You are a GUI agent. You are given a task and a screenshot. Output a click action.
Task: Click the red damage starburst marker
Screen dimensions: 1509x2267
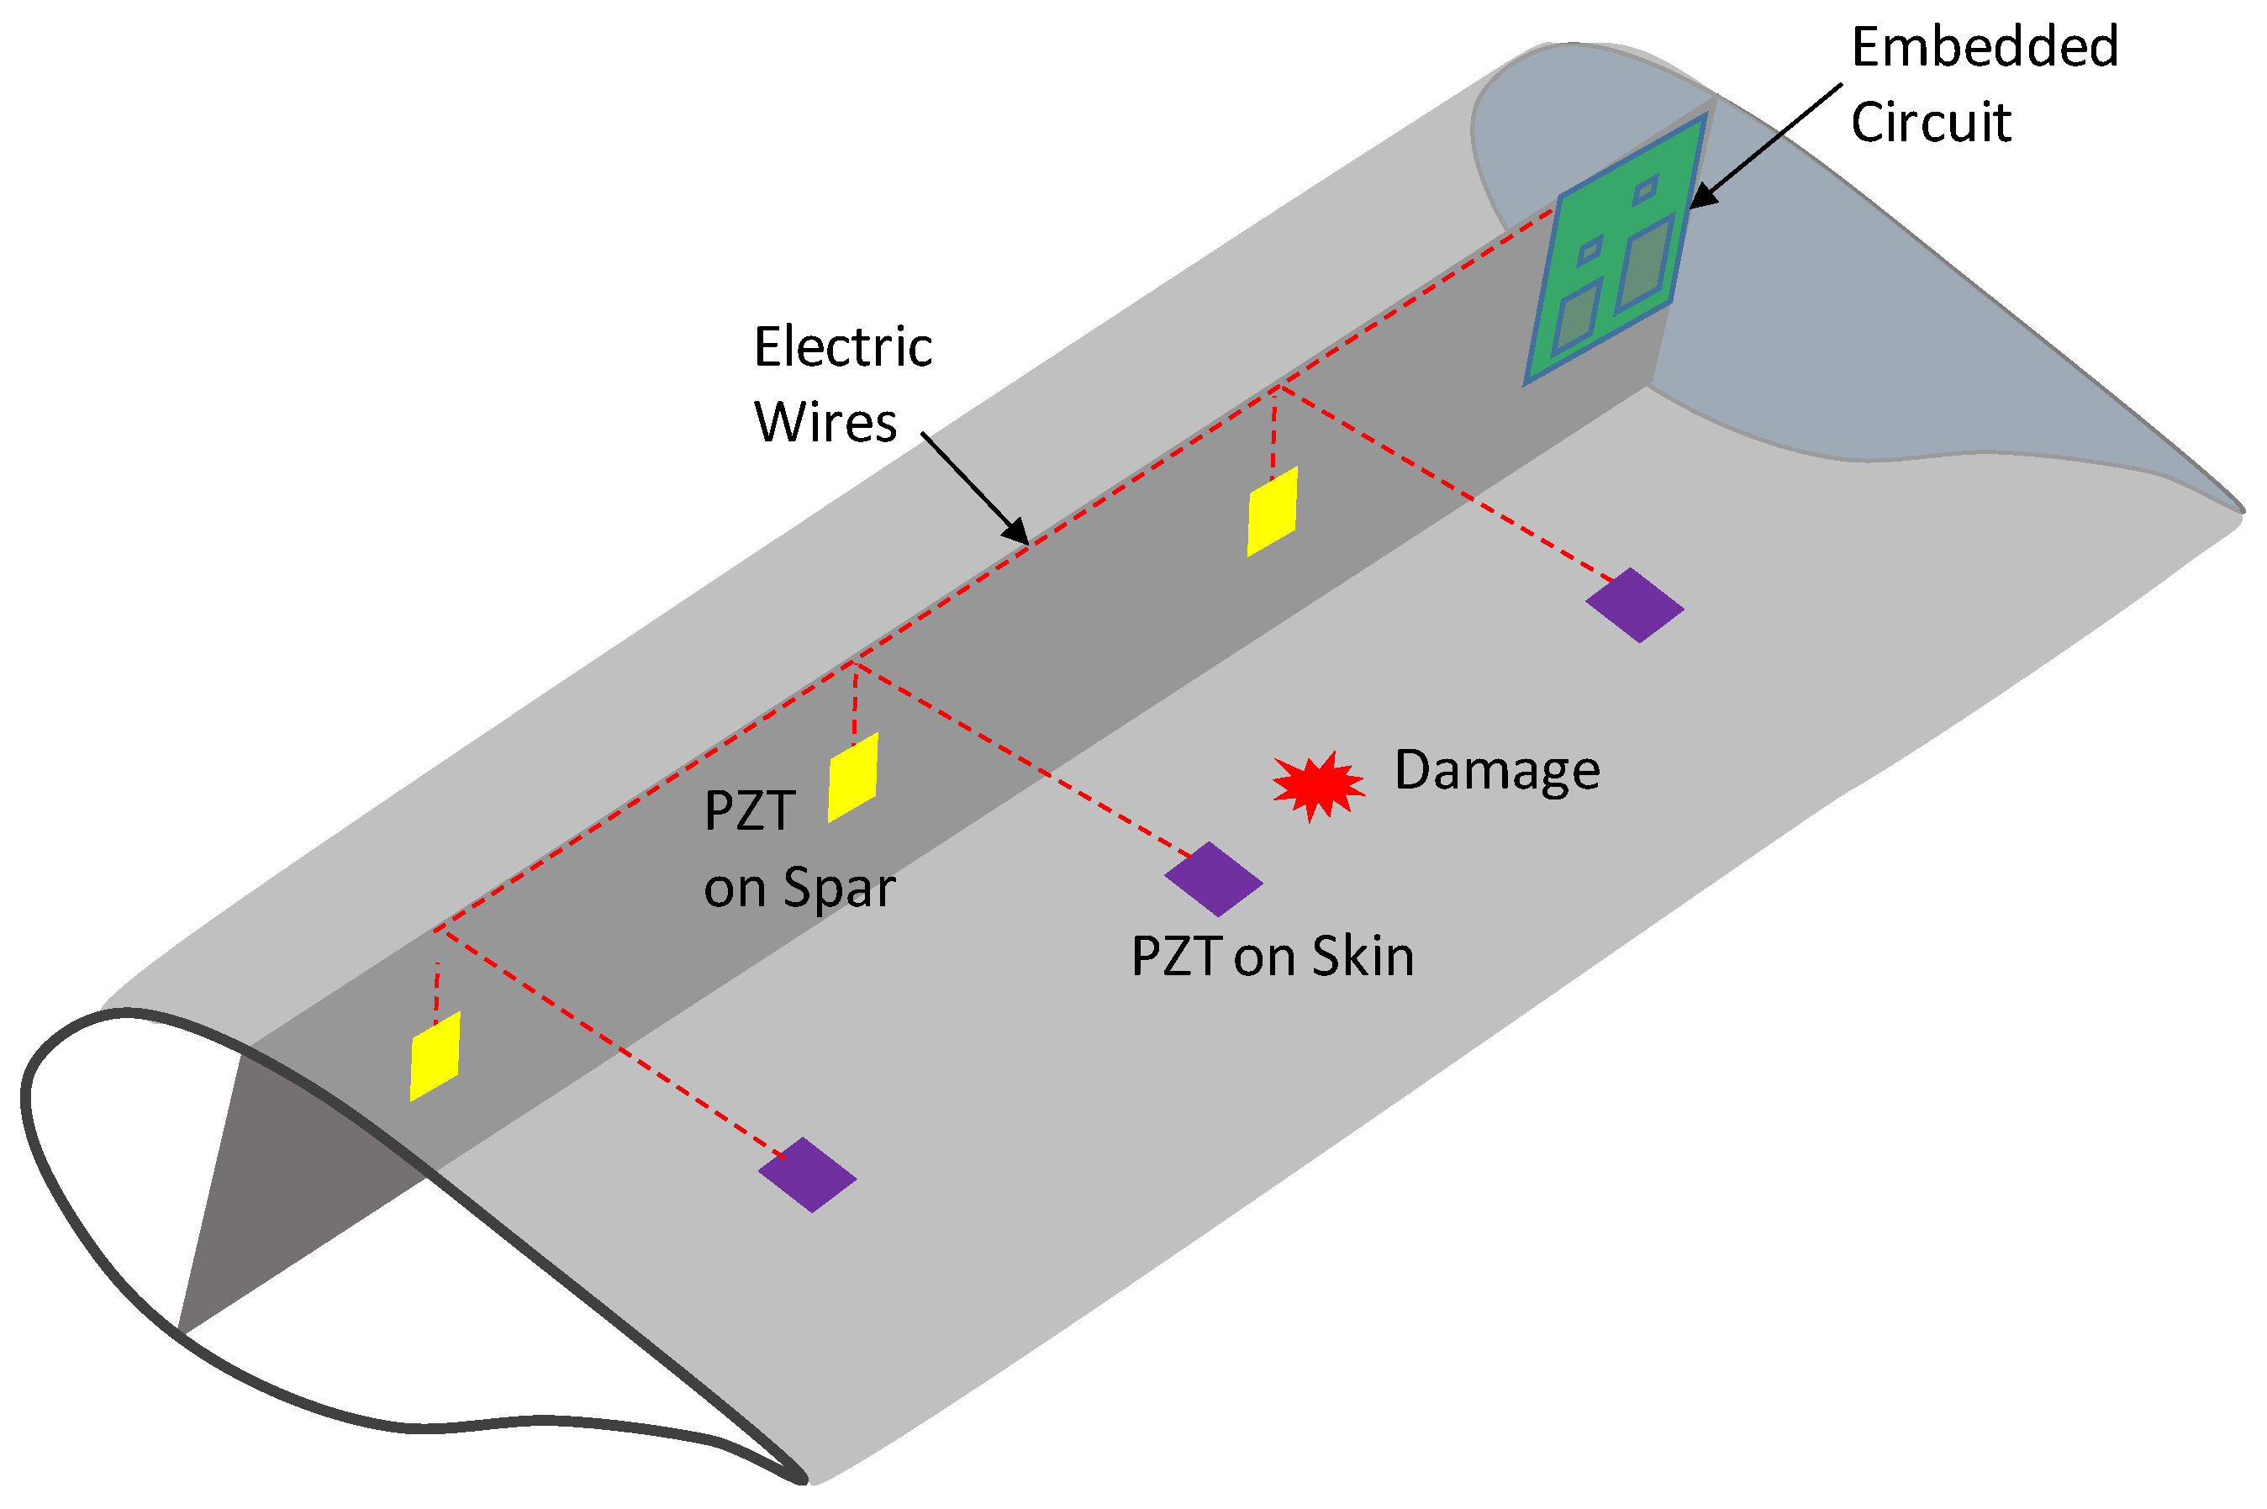pos(1317,785)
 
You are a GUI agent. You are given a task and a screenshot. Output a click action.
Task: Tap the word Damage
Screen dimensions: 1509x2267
pos(1496,771)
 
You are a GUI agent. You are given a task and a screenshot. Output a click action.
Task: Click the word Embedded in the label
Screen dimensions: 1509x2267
pos(1984,46)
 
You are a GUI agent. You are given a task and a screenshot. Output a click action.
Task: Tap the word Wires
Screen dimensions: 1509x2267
pos(825,423)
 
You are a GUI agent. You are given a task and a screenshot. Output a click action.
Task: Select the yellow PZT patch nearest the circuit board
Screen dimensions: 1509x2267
pos(1272,511)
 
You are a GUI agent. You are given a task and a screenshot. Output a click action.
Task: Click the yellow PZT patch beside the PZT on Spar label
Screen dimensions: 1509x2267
pos(852,778)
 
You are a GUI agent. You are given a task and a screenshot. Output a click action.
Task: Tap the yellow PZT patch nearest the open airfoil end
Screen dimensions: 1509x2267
pos(435,1056)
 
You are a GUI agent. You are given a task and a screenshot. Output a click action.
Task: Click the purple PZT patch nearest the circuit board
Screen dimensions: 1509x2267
pos(1634,605)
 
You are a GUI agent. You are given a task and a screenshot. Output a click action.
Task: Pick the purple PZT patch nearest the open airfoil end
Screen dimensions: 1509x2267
pos(807,1174)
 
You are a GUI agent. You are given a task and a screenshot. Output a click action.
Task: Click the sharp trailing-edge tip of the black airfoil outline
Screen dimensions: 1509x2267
pos(803,1477)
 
